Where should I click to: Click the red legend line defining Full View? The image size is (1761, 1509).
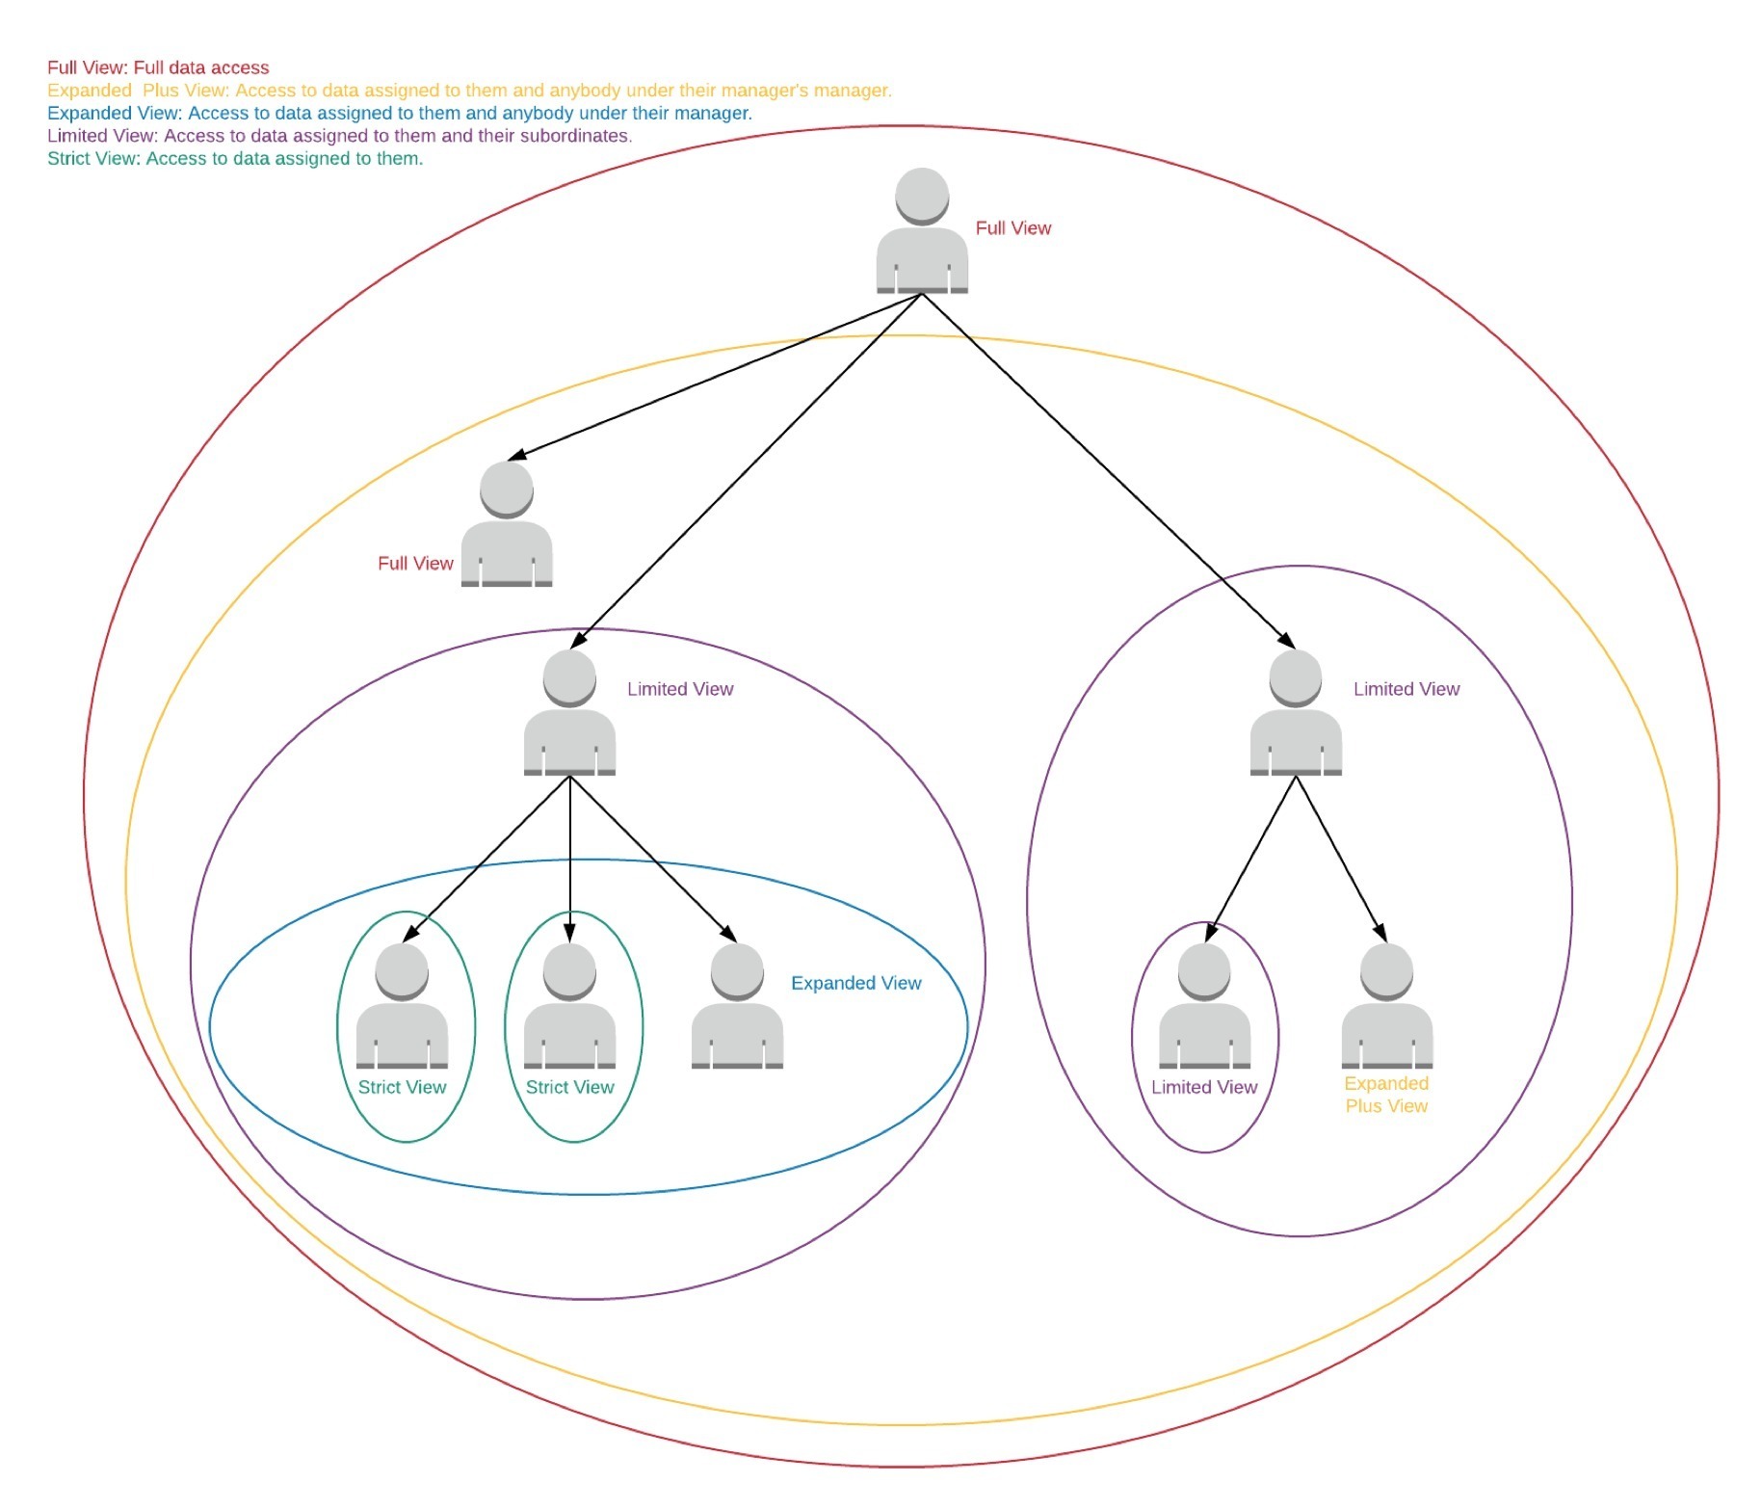[x=158, y=67]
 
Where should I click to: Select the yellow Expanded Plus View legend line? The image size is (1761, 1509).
[x=469, y=91]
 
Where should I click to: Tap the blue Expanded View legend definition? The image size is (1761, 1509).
[x=399, y=113]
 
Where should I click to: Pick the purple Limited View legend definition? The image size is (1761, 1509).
[x=339, y=136]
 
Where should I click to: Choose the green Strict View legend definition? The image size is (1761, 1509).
[x=235, y=159]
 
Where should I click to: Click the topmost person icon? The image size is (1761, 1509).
[x=922, y=231]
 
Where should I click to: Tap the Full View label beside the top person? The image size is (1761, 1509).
[x=1012, y=228]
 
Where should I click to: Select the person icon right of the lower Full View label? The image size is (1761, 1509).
[x=507, y=525]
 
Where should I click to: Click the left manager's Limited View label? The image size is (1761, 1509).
[x=680, y=689]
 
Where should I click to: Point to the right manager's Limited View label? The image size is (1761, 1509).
[x=1406, y=689]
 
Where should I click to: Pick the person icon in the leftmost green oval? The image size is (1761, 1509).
[x=402, y=1007]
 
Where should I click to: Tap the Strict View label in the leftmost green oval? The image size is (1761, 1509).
[x=402, y=1087]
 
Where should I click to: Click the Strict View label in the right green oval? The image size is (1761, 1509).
[x=569, y=1087]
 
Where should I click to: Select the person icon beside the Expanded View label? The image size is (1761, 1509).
[x=737, y=1007]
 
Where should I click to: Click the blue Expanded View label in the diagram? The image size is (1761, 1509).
[x=855, y=983]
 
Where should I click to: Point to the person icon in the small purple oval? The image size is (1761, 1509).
[x=1204, y=1007]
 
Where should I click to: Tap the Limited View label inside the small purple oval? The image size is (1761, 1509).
[x=1204, y=1087]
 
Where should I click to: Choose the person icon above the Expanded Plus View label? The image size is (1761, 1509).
[x=1386, y=1007]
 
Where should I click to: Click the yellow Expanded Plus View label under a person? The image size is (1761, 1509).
[x=1386, y=1095]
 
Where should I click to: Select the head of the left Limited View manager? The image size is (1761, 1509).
[x=569, y=676]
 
